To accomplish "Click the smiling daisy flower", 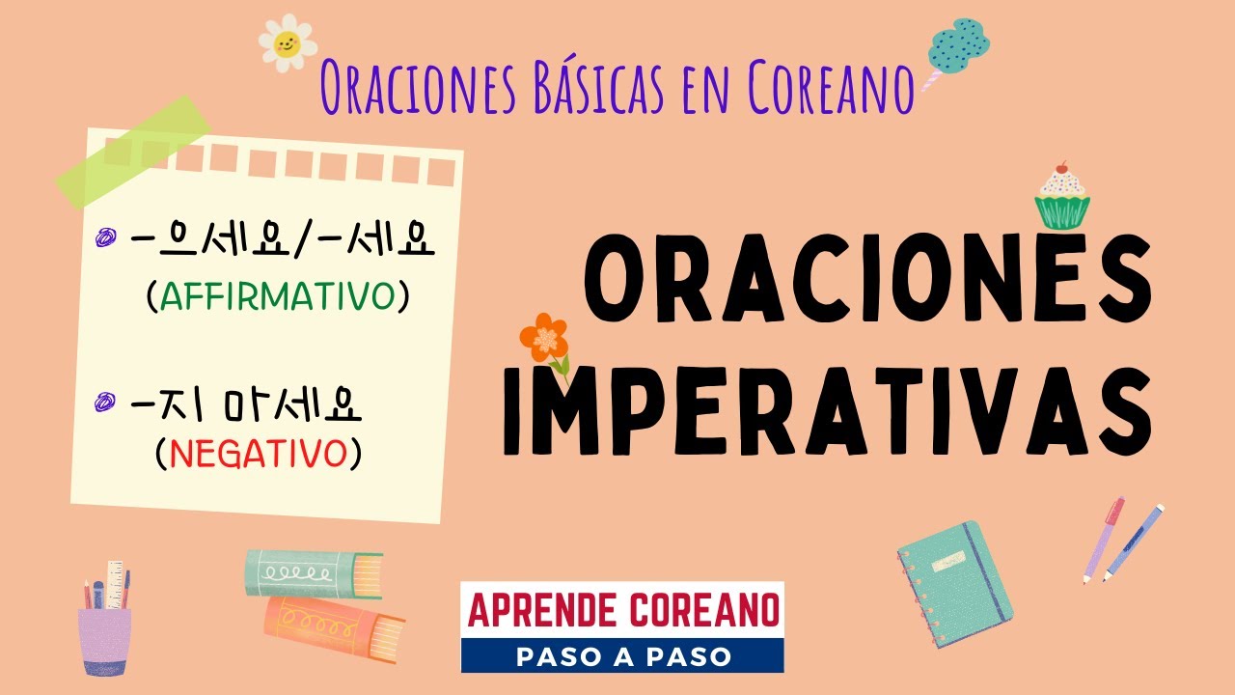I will (x=288, y=42).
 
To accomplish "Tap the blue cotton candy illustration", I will (x=957, y=45).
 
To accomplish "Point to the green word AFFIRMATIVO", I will (x=278, y=297).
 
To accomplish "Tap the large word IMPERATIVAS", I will (x=828, y=409).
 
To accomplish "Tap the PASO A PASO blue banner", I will (x=622, y=655).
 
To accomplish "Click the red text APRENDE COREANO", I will (x=622, y=610).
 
